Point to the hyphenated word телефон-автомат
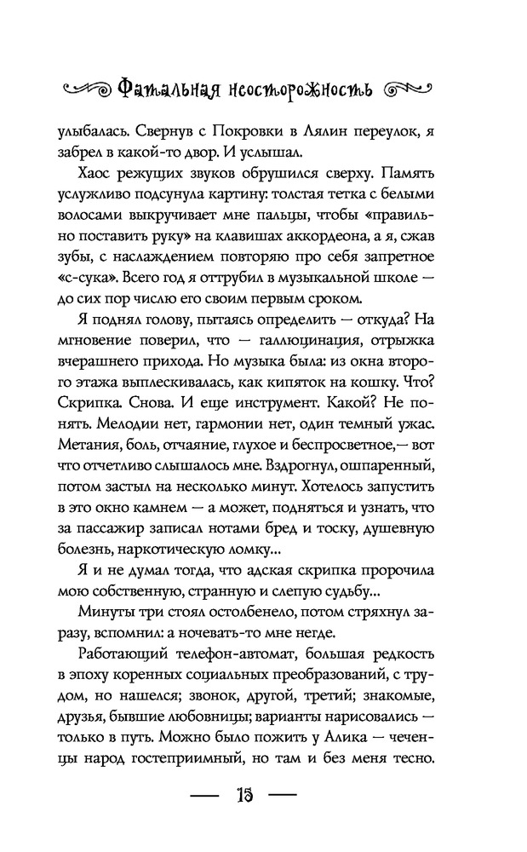click(241, 661)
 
